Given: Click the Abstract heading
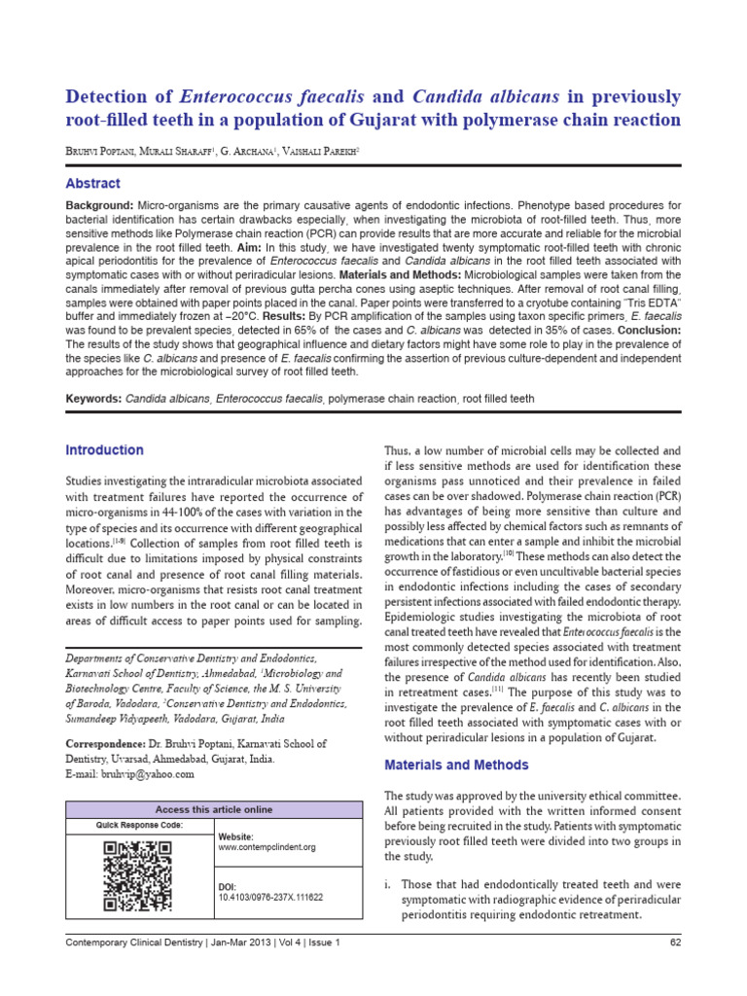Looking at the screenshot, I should tap(92, 184).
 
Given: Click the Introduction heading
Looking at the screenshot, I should tap(104, 450).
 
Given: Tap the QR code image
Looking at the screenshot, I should tap(137, 876).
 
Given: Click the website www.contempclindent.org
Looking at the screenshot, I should tap(267, 847).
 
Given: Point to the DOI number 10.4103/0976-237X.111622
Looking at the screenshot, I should tap(270, 898).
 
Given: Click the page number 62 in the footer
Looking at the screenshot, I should tap(675, 943).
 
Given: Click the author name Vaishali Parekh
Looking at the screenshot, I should tap(288, 152).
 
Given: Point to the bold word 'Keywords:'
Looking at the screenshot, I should tap(93, 400).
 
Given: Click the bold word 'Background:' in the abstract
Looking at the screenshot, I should tap(98, 207).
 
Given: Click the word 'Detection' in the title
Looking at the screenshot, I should tap(115, 97).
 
